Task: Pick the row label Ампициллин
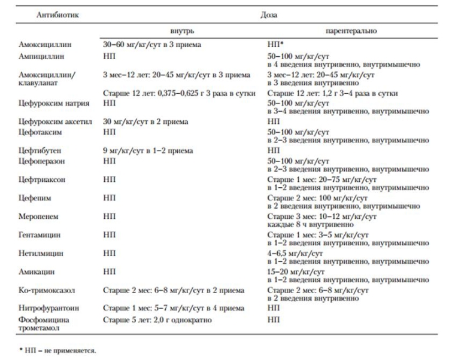[41, 55]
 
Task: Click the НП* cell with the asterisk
[275, 45]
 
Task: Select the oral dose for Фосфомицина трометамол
[157, 320]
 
